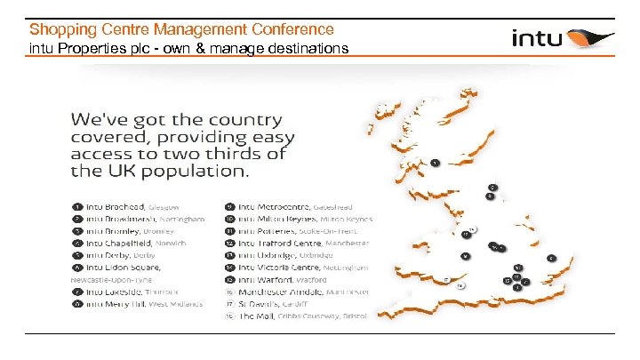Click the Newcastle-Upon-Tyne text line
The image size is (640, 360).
(110, 278)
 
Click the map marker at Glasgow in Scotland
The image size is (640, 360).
(436, 163)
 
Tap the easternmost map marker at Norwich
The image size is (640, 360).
(551, 258)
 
